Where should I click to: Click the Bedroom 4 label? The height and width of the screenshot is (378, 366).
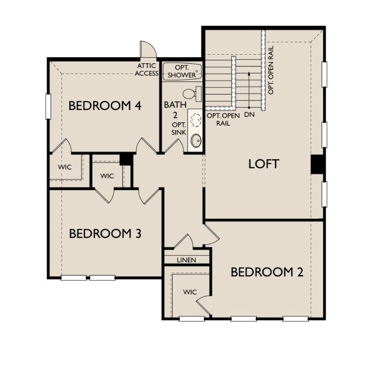(x=105, y=106)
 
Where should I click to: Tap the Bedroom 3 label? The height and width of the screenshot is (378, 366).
(x=105, y=233)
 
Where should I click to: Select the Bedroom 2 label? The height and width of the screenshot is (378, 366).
(x=267, y=272)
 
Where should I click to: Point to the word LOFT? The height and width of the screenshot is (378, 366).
(x=264, y=164)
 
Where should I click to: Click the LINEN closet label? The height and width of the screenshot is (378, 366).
(x=186, y=260)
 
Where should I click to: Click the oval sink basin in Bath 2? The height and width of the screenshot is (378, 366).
(x=196, y=141)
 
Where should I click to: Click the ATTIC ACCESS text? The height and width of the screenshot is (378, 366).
(x=147, y=70)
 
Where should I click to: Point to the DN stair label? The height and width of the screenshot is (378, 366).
(x=249, y=115)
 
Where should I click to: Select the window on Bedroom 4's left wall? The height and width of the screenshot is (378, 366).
(x=48, y=106)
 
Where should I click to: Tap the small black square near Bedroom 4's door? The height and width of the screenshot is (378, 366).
(x=126, y=159)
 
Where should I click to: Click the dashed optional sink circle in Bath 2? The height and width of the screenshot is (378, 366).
(x=196, y=120)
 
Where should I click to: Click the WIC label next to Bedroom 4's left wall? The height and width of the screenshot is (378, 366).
(x=65, y=167)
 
